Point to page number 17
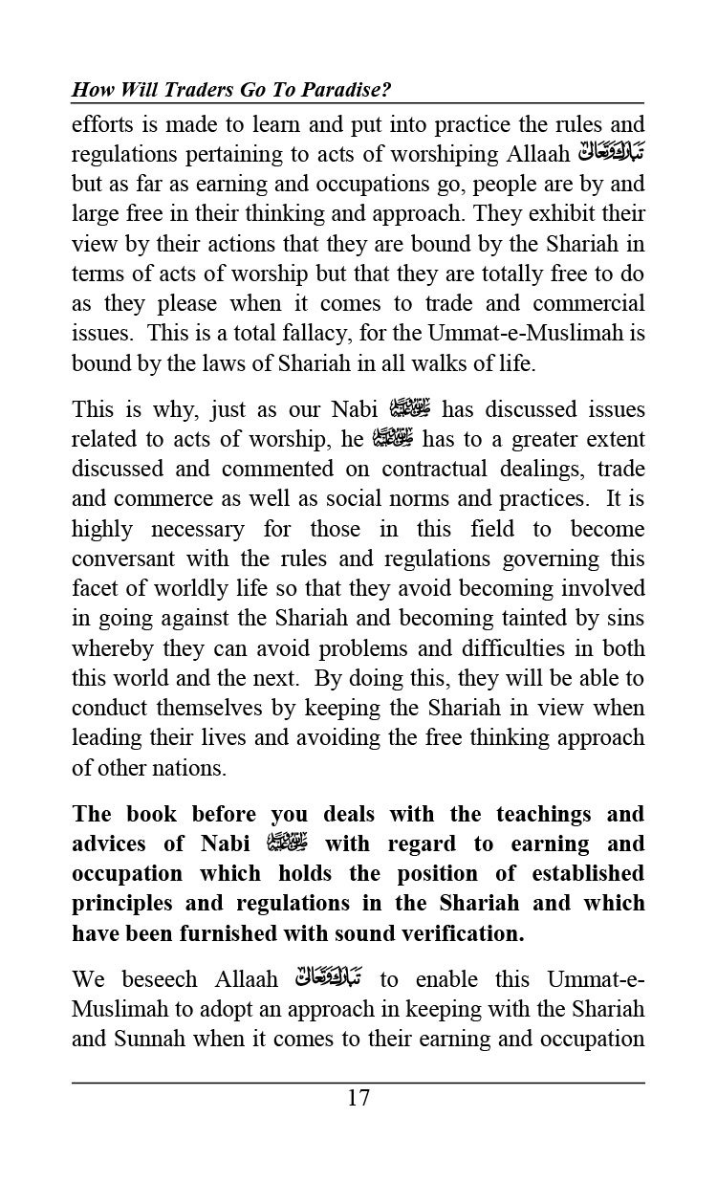(358, 1098)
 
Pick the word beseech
(159, 980)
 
